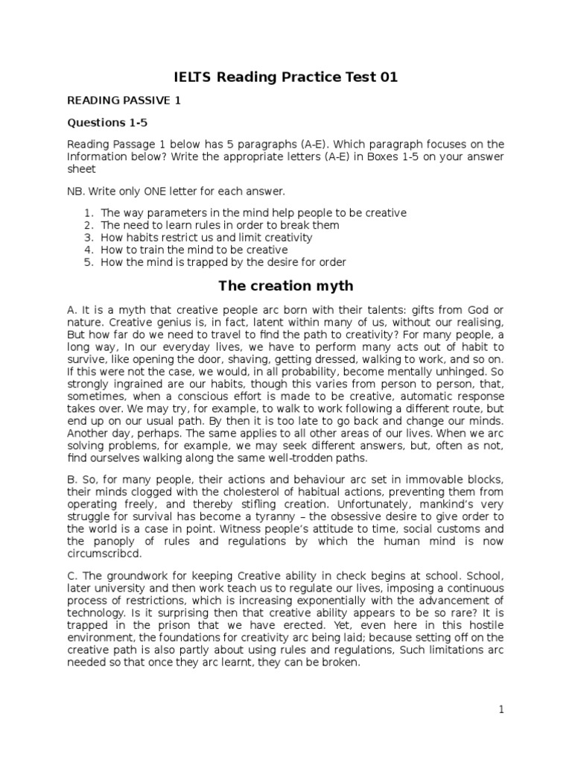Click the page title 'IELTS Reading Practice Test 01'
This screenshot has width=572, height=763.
(286, 77)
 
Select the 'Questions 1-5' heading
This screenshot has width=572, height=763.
(107, 122)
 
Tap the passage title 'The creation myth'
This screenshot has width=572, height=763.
(285, 286)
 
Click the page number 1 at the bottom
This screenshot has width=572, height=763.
(502, 710)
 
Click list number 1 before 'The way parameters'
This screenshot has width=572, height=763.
(87, 213)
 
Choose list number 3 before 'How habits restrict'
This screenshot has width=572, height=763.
(87, 238)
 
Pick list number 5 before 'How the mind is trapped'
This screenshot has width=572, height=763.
(87, 262)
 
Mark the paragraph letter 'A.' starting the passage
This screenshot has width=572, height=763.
(72, 310)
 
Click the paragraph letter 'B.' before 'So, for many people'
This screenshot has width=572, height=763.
(72, 478)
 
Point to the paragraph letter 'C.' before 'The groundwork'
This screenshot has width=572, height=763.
(72, 576)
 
